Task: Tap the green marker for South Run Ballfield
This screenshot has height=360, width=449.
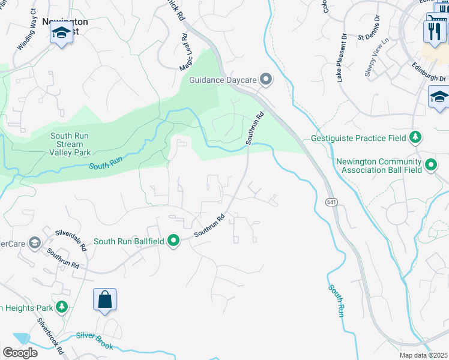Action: pyautogui.click(x=173, y=241)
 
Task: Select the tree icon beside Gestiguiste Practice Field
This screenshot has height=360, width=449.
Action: pyautogui.click(x=415, y=137)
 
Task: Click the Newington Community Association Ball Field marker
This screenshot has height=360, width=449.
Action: pyautogui.click(x=430, y=164)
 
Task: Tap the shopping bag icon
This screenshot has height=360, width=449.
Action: pyautogui.click(x=104, y=299)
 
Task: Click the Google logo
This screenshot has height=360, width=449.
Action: pyautogui.click(x=19, y=352)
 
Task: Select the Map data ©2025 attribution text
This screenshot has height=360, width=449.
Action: pyautogui.click(x=424, y=355)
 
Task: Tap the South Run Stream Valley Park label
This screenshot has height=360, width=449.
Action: pyautogui.click(x=70, y=144)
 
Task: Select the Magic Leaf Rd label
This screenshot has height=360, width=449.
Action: pyautogui.click(x=188, y=54)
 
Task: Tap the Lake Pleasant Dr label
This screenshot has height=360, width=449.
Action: pyautogui.click(x=342, y=58)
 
